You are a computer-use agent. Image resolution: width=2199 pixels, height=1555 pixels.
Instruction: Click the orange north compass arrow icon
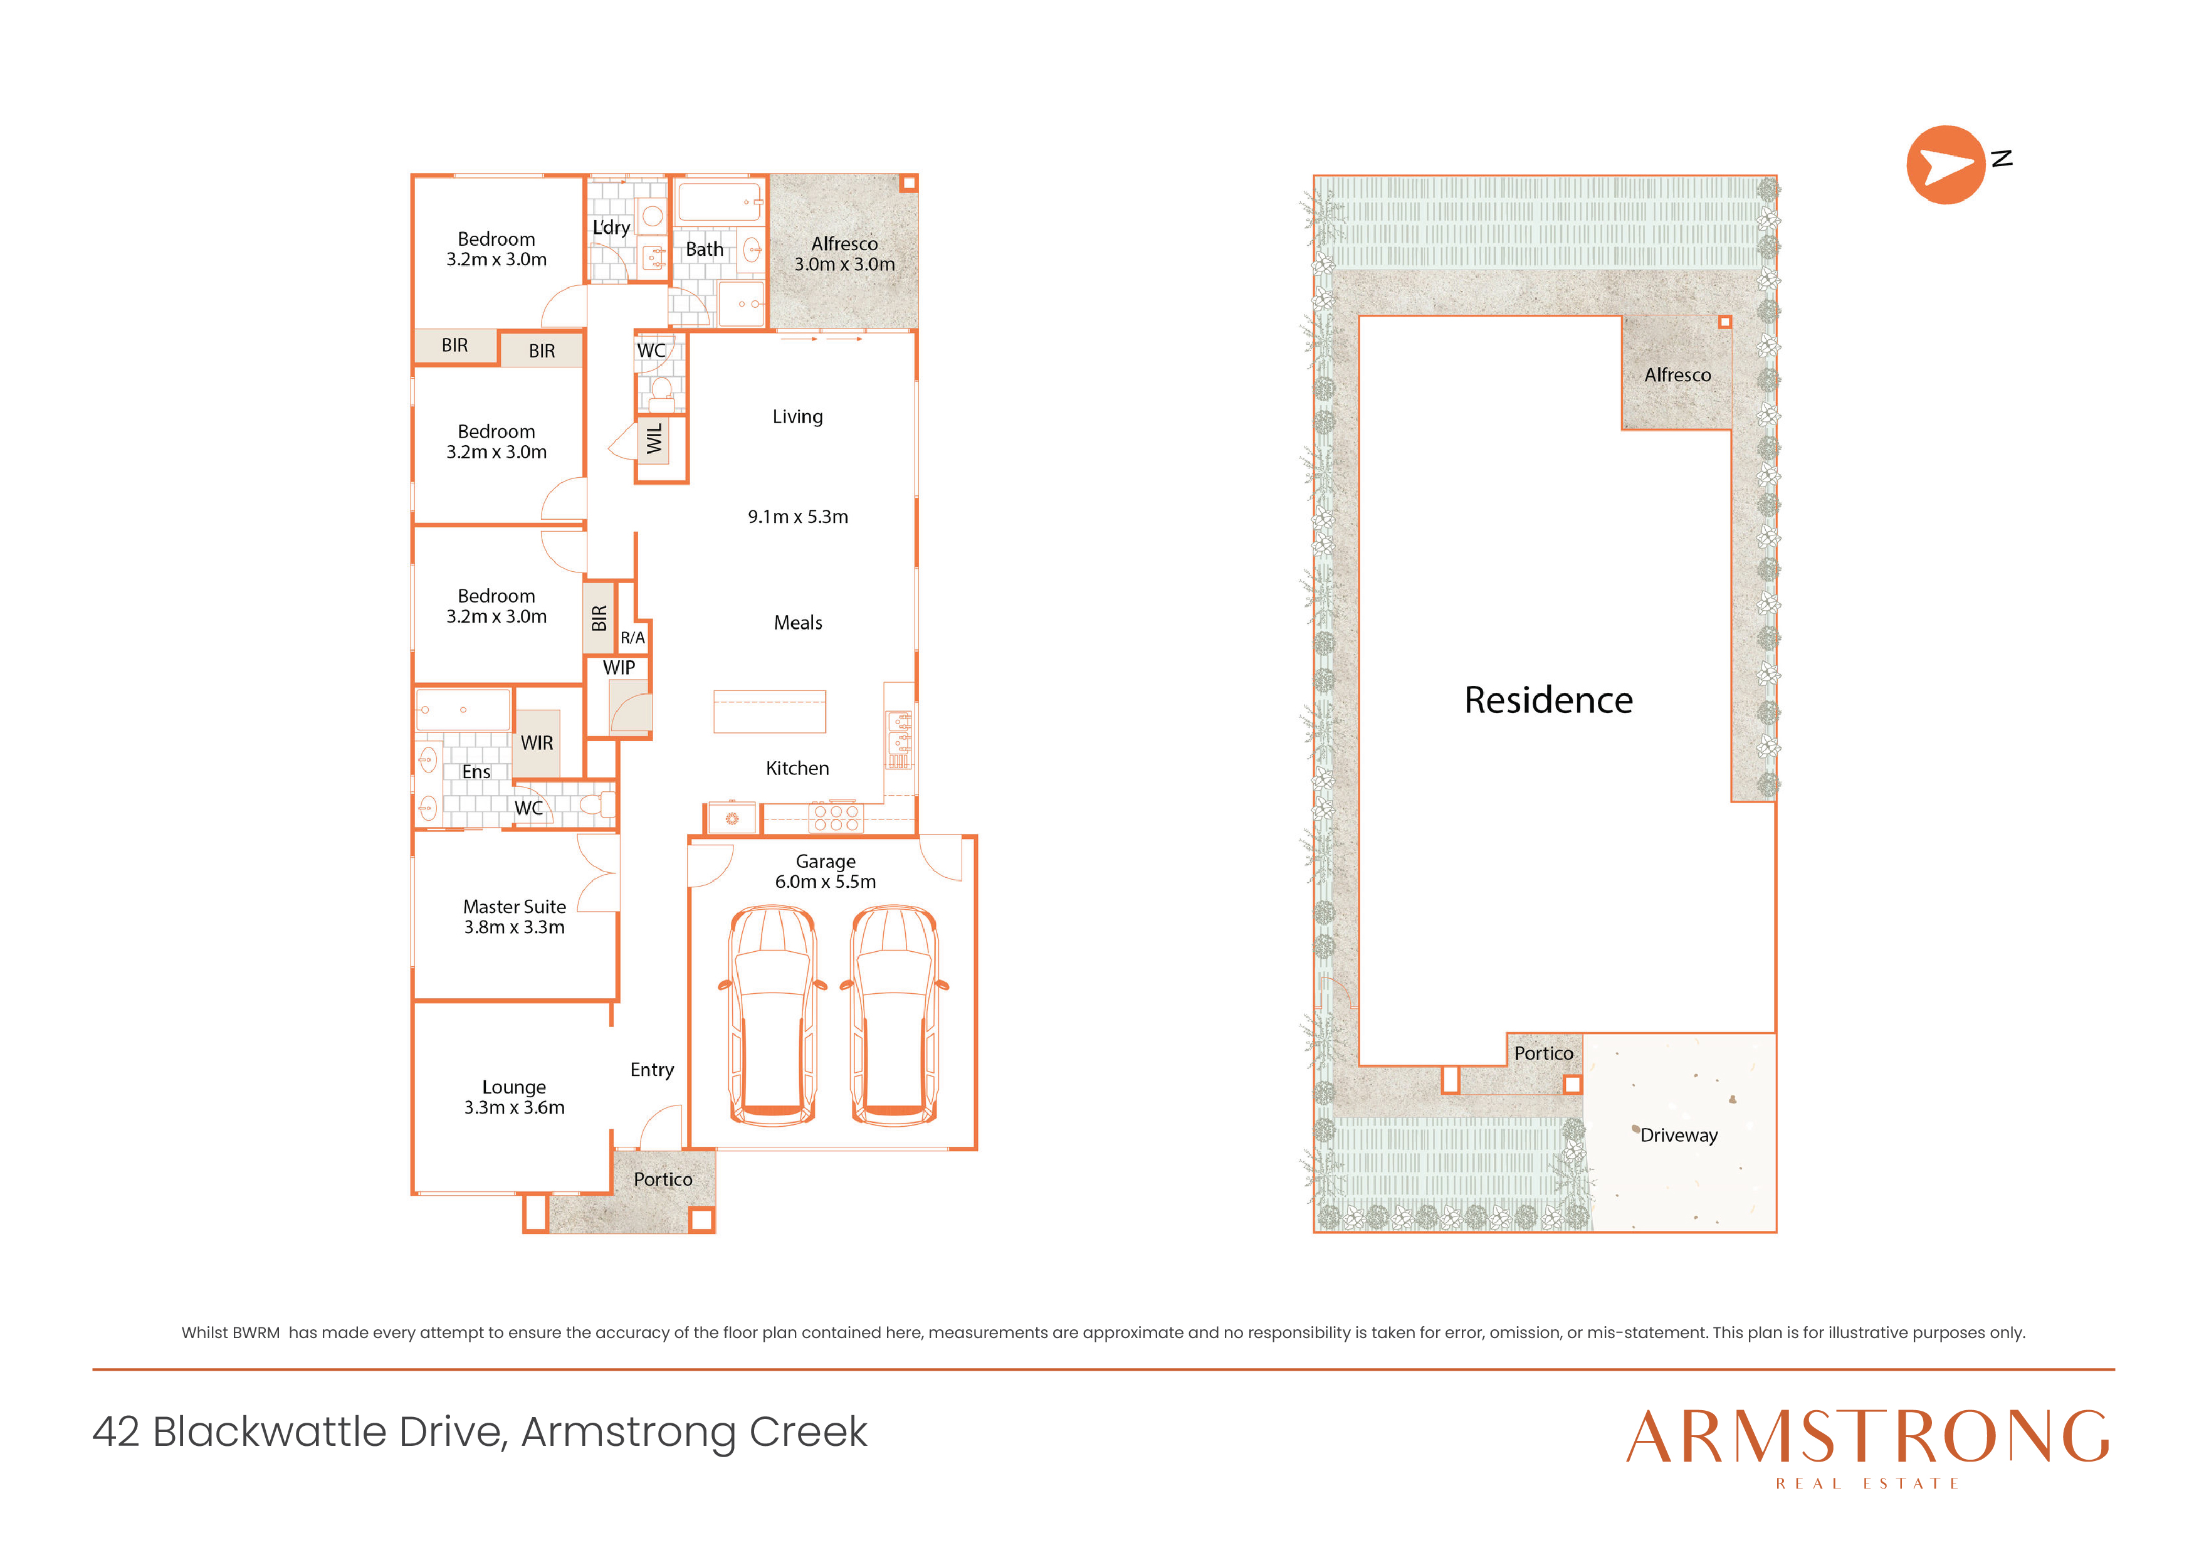[1945, 165]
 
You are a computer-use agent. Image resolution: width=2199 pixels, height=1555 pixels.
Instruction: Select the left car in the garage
[773, 1015]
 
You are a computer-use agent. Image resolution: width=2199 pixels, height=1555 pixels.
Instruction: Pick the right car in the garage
[895, 1015]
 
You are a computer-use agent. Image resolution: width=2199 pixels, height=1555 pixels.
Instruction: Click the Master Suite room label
[514, 907]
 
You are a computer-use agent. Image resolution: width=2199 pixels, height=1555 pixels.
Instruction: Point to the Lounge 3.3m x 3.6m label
[514, 1097]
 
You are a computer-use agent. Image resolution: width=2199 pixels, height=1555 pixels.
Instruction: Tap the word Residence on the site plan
[1548, 700]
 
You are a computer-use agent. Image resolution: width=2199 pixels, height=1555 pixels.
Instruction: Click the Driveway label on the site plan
[1679, 1136]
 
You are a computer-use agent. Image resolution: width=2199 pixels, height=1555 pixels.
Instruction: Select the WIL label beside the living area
[654, 440]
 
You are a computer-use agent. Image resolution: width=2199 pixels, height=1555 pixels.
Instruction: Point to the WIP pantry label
[619, 668]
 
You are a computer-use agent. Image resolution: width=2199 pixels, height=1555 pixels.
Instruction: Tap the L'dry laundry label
[611, 227]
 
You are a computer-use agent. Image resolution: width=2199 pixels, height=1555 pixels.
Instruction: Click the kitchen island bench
[769, 712]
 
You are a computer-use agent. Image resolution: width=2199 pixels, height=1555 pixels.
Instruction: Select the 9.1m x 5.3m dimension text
[798, 517]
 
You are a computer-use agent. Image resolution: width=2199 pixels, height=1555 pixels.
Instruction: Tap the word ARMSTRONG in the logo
[1867, 1436]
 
